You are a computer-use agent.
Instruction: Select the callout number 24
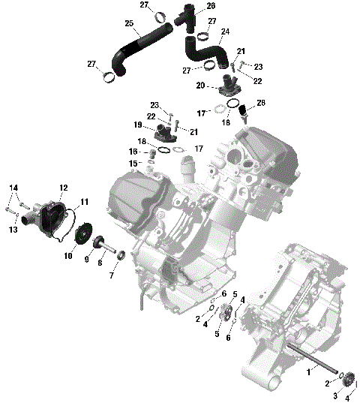[225, 32]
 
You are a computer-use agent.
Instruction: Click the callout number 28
[261, 102]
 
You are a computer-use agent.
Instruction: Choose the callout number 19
[138, 125]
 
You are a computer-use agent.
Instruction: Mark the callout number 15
[132, 163]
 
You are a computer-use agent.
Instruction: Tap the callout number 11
[84, 201]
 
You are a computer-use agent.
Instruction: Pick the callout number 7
[112, 276]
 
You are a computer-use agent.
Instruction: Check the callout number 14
[13, 187]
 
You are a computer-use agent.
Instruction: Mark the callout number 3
[336, 395]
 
